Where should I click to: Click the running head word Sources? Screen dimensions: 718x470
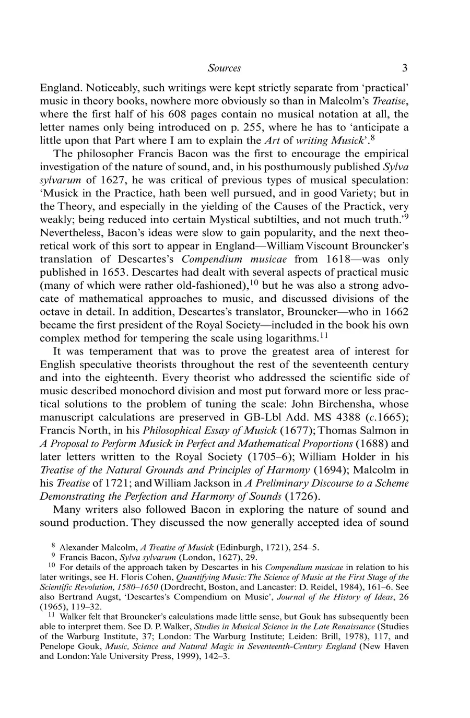click(224, 68)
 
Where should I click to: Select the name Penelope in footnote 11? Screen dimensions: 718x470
click(57, 646)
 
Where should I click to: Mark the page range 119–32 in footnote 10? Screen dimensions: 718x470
click(72, 607)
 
